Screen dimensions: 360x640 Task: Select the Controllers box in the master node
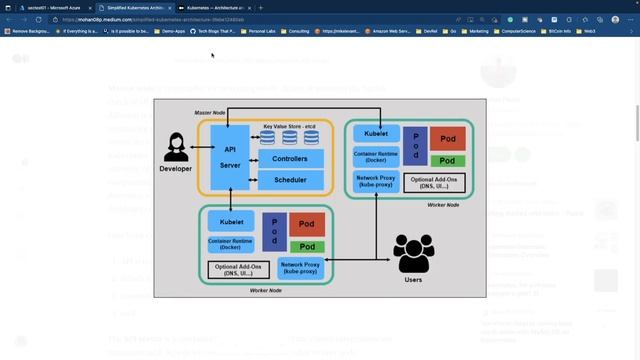coord(290,158)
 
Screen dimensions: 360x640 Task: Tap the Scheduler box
coord(290,180)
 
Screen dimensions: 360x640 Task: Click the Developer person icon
coord(176,149)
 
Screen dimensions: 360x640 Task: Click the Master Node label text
coord(211,112)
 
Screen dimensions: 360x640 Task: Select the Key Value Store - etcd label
coord(290,126)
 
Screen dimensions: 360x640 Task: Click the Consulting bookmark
coord(295,31)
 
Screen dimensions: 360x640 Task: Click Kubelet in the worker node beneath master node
coord(232,221)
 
